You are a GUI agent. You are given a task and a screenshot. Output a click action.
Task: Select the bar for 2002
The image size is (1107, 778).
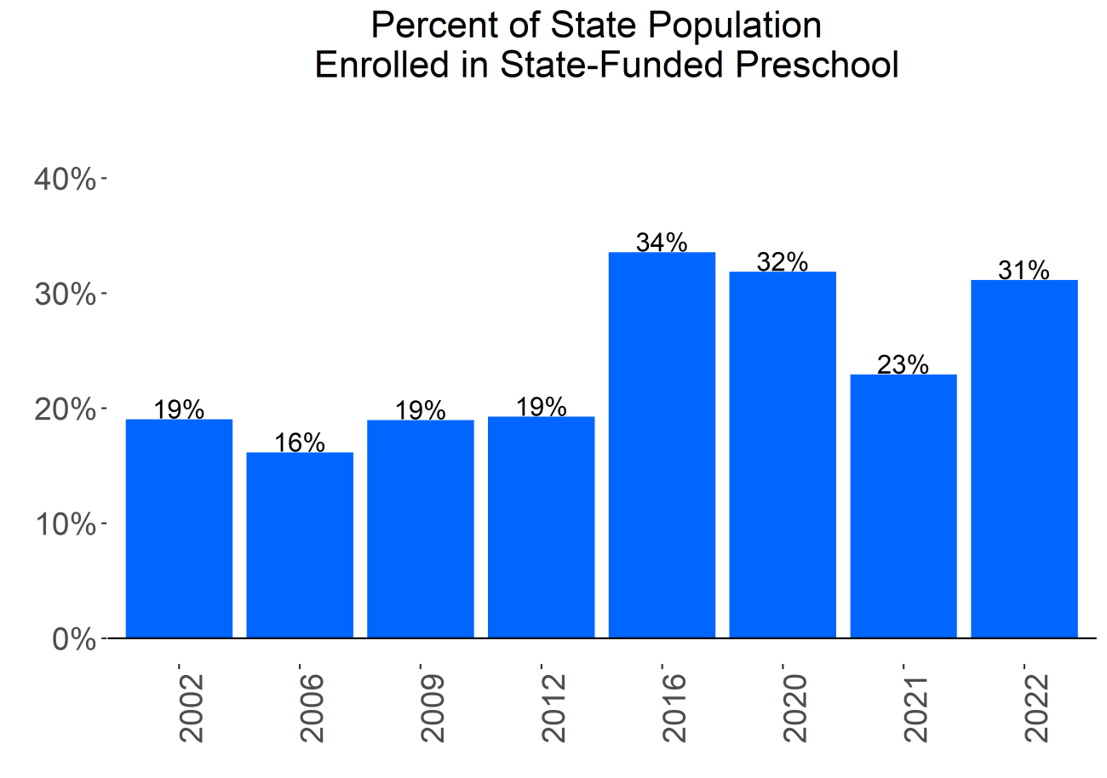point(179,528)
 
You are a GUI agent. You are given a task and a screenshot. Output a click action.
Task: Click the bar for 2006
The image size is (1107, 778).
point(300,545)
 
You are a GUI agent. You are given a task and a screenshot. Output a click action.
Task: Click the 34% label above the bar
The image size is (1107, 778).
point(662,243)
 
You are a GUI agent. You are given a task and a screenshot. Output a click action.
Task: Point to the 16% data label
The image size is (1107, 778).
point(300,443)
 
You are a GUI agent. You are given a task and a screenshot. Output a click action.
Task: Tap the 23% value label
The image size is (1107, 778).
point(903,364)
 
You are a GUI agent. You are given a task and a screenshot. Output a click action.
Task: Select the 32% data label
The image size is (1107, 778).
point(783,262)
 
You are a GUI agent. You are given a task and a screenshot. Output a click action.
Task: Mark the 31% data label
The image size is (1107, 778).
point(1024,271)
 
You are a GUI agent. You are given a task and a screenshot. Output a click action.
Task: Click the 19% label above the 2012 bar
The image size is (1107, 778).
point(542,407)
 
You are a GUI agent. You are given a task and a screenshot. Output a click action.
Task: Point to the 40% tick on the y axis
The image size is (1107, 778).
point(64,180)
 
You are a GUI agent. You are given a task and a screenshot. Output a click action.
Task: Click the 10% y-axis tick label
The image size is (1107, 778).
point(64,524)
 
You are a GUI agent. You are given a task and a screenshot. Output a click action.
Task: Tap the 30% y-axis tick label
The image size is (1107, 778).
point(64,295)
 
